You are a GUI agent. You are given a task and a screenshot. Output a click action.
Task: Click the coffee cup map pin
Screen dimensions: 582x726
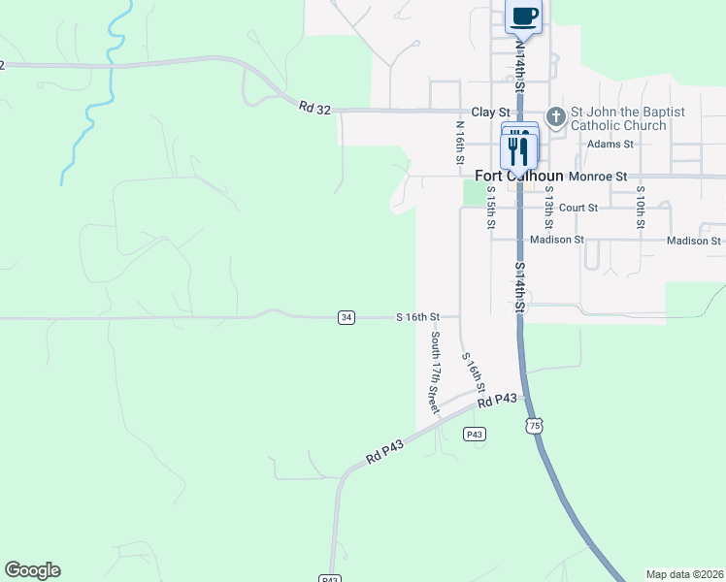coord(524,16)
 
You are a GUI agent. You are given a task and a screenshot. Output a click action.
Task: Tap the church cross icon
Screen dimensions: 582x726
coord(556,117)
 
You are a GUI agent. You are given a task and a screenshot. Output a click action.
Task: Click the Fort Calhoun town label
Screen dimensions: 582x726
coord(519,177)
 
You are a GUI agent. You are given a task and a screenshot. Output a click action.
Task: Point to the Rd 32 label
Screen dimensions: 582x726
coord(314,108)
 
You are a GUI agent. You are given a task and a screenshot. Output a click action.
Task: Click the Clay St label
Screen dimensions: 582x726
coord(490,113)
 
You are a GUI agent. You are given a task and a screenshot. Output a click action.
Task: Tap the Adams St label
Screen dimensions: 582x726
coord(610,144)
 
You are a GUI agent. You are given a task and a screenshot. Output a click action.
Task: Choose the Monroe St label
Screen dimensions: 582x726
coord(599,177)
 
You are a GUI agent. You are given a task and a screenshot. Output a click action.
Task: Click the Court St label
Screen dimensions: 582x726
coord(577,208)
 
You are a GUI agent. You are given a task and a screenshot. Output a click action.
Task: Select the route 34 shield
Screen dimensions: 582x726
coord(346,317)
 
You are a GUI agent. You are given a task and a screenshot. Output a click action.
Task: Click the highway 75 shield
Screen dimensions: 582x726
coord(533,426)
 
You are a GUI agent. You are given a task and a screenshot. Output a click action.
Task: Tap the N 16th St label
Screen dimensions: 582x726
coord(461,143)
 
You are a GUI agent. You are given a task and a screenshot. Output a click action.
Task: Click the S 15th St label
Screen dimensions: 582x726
coord(491,210)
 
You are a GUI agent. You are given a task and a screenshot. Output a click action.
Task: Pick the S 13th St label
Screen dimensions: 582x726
coord(548,210)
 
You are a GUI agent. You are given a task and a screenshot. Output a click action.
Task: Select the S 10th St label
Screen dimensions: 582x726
coord(641,210)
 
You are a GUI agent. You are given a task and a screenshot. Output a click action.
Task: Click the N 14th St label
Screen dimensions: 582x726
coord(520,66)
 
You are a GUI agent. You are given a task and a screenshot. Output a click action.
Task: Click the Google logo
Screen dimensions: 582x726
coord(32,570)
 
